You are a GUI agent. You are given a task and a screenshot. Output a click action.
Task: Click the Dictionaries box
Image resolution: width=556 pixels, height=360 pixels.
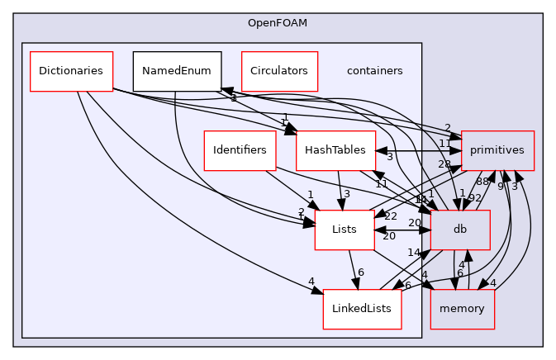pyautogui.click(x=70, y=71)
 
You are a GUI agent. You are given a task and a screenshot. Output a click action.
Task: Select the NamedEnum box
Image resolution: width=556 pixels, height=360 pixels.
pyautogui.click(x=177, y=71)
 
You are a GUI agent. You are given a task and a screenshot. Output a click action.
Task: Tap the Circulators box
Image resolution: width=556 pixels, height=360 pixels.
pyautogui.click(x=279, y=71)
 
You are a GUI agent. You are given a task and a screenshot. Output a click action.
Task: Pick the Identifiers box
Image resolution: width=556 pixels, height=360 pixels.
pyautogui.click(x=240, y=150)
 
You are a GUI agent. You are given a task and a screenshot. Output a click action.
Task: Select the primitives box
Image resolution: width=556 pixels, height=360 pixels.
pyautogui.click(x=497, y=150)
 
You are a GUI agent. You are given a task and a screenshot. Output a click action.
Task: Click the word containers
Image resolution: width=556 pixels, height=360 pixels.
pyautogui.click(x=375, y=71)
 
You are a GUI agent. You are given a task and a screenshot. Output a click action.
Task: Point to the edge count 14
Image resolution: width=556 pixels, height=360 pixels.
pyautogui.click(x=413, y=253)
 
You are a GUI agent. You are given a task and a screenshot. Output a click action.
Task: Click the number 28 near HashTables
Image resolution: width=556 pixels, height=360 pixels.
pyautogui.click(x=445, y=165)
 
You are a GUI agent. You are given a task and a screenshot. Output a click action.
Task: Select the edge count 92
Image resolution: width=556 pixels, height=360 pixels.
pyautogui.click(x=475, y=197)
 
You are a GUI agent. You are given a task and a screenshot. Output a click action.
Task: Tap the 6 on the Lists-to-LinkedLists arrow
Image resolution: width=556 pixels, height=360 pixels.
pyautogui.click(x=360, y=272)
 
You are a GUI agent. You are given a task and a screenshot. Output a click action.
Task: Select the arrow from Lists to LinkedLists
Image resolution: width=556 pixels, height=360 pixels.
pyautogui.click(x=352, y=269)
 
